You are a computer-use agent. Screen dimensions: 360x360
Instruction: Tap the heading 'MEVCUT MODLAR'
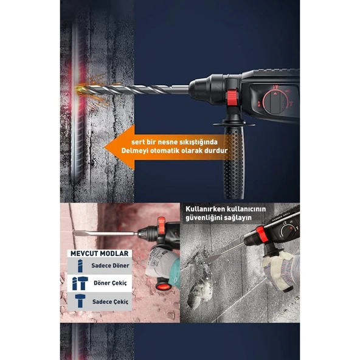(99, 253)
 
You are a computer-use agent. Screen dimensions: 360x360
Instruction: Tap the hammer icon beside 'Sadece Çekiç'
(80, 300)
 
